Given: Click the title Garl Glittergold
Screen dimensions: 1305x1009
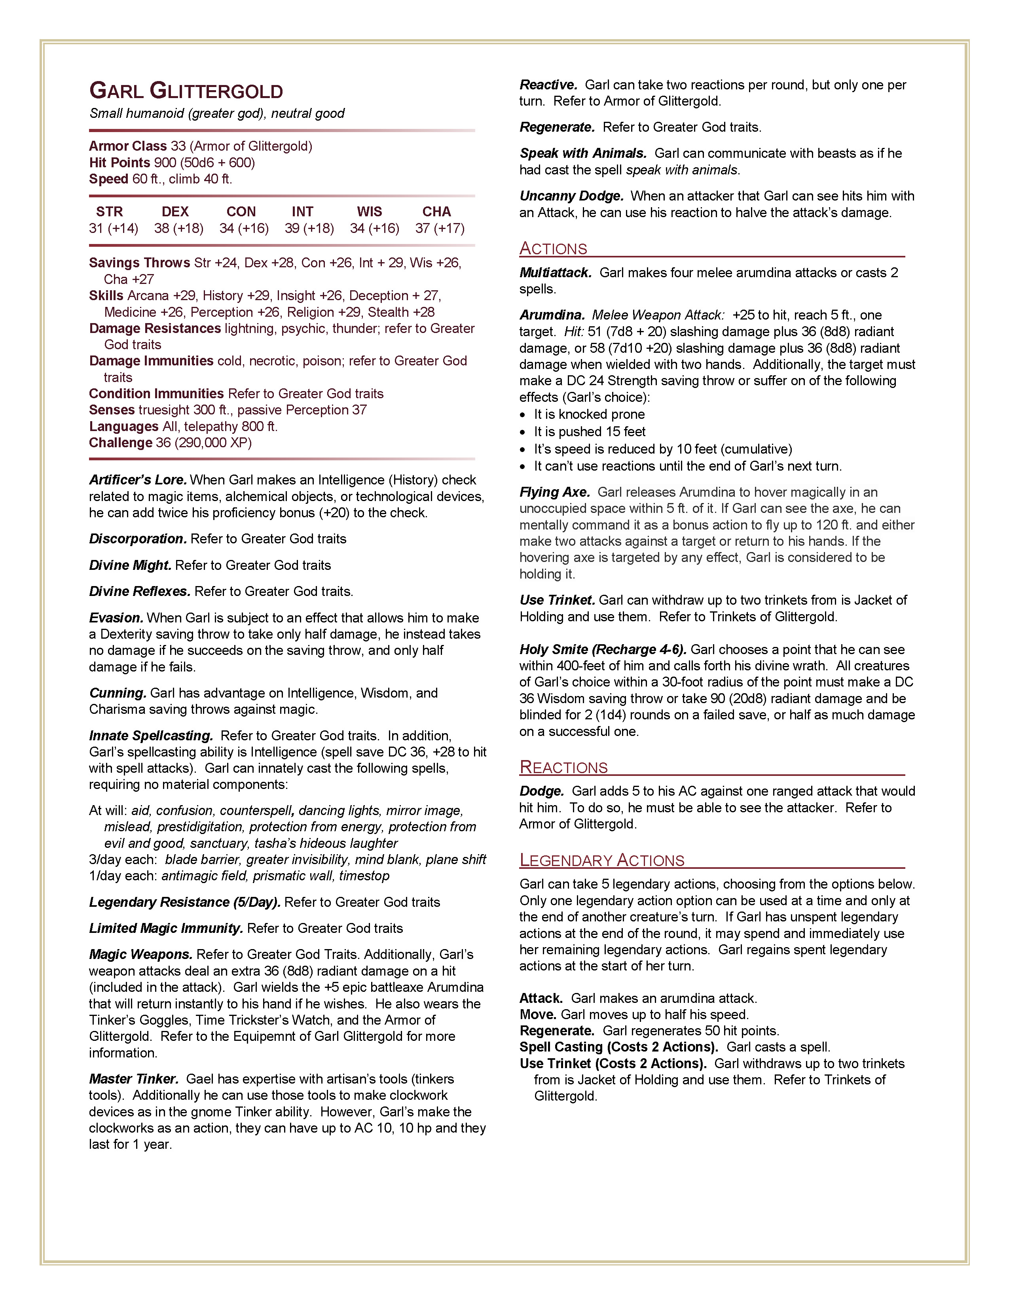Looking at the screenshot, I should click(186, 91).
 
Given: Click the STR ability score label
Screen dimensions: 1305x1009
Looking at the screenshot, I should click(109, 212).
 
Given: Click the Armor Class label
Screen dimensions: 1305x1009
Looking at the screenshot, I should click(128, 146).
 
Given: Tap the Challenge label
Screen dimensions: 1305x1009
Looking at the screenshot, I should click(121, 443).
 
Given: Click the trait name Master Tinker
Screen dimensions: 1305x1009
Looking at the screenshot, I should click(134, 1079).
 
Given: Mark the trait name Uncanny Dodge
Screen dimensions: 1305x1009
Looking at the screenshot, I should click(571, 196).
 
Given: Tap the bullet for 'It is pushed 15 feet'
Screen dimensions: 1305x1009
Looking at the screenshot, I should click(523, 432).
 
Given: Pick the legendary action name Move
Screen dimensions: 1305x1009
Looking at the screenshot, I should click(538, 1015).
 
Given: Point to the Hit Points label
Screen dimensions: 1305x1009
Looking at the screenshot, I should click(119, 163).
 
